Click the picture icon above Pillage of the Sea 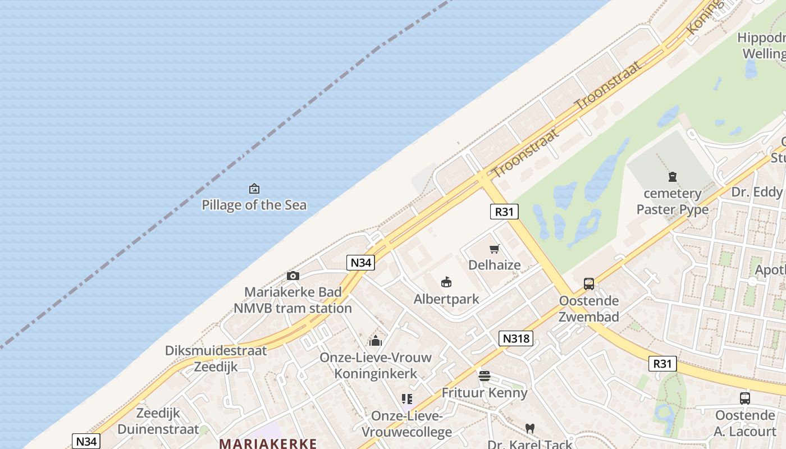(x=254, y=189)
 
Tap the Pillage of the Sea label (x=254, y=205)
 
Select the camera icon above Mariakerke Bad (x=293, y=276)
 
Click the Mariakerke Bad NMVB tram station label (x=293, y=300)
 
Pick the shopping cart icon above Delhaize (x=495, y=249)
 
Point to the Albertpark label (x=446, y=299)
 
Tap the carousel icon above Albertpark (x=446, y=282)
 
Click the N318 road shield (x=515, y=338)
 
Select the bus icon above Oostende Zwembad (x=588, y=284)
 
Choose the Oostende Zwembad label (x=588, y=309)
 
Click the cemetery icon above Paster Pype (x=673, y=177)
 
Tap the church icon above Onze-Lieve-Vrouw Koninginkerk (x=376, y=341)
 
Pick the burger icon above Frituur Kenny (x=485, y=375)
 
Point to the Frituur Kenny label (x=485, y=392)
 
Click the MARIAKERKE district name (x=268, y=443)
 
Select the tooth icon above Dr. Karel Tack (x=529, y=428)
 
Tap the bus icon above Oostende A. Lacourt (x=744, y=398)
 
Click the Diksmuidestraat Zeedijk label (x=216, y=359)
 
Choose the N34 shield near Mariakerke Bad (x=360, y=262)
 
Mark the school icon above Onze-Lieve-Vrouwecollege (x=407, y=399)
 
